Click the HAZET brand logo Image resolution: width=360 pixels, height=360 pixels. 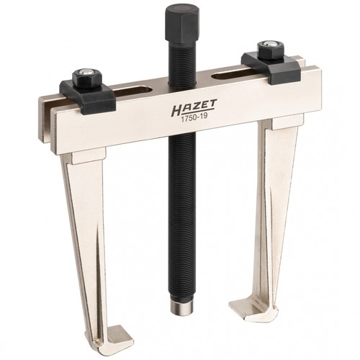point(194,106)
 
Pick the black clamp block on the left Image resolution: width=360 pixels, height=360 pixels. point(88,96)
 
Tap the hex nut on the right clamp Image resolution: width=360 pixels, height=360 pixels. point(271,50)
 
